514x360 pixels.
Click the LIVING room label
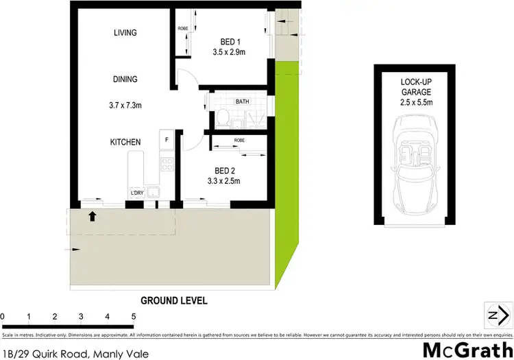tap(125, 33)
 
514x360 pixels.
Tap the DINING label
tap(125, 80)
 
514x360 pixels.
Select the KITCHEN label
tap(125, 142)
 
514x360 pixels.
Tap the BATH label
tap(242, 101)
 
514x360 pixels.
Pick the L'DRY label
tap(138, 193)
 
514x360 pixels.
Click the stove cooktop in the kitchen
tap(167, 165)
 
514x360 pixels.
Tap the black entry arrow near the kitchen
tap(92, 217)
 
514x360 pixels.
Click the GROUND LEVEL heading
tap(173, 300)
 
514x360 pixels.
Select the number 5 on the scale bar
tap(133, 317)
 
